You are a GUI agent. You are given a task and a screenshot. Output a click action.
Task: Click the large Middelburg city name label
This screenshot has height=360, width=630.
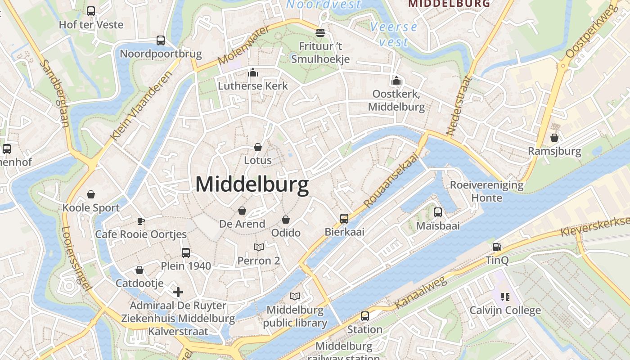tap(252, 185)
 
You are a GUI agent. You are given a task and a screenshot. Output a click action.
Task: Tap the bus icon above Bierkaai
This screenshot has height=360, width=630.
tap(344, 219)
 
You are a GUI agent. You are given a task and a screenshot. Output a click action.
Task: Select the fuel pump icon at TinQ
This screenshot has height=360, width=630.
tap(497, 247)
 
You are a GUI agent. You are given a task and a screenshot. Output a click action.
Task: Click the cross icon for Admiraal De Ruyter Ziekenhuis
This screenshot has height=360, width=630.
tap(178, 292)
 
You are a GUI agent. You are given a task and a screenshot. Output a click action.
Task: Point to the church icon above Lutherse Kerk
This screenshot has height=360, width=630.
tap(253, 72)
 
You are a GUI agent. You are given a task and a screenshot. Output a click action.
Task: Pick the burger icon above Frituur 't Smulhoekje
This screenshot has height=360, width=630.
tap(320, 33)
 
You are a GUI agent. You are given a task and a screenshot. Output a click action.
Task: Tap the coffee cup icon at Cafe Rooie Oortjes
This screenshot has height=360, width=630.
tap(140, 221)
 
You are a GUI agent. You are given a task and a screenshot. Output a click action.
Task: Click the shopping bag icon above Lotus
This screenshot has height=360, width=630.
tap(258, 147)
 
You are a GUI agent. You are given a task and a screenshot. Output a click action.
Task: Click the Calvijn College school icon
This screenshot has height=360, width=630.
tap(505, 297)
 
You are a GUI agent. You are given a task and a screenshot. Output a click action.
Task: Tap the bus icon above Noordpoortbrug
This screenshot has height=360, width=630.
tap(161, 40)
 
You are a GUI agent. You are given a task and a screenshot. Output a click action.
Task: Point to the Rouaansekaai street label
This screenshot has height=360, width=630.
tap(391, 180)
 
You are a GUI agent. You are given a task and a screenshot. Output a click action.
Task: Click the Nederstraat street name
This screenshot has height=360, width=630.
tap(458, 106)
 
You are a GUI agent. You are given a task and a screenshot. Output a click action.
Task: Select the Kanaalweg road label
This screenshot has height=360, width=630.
tap(420, 293)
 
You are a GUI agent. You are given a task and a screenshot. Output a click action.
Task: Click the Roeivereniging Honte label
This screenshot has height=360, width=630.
tap(486, 191)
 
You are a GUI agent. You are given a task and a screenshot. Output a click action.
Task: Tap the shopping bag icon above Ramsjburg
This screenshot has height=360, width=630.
tap(554, 138)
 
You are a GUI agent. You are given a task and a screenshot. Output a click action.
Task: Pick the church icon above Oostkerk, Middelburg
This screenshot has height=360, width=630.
tap(396, 81)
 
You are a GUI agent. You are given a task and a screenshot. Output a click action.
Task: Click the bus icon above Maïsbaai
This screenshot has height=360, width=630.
tap(438, 212)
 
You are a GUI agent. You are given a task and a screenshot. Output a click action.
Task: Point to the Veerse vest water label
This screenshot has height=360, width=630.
tap(394, 34)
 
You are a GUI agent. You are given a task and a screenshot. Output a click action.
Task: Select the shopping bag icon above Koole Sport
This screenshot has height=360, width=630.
tap(91, 194)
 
